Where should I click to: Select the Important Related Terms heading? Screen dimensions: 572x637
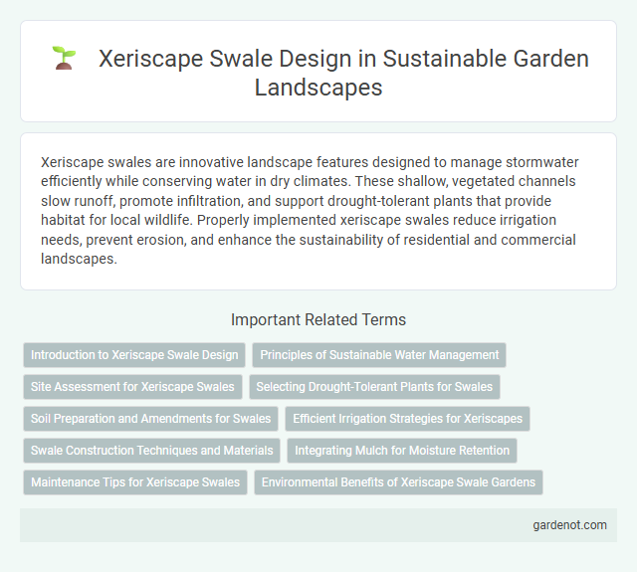(318, 319)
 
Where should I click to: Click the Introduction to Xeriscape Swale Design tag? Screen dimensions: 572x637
(134, 355)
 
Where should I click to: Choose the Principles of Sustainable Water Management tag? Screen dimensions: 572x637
(379, 355)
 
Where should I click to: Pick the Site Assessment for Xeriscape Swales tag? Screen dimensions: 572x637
(132, 387)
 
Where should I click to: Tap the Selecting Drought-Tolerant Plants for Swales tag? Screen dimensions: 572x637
(374, 387)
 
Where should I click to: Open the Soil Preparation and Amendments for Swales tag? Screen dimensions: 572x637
(150, 419)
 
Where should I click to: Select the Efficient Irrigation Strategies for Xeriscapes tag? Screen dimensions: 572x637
(407, 419)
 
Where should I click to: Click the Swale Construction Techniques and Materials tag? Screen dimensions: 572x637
(151, 451)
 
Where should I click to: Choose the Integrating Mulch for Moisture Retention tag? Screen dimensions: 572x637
(402, 451)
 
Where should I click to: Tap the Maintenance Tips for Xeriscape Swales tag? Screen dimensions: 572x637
(135, 482)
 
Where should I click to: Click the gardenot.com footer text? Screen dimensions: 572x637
(569, 525)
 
